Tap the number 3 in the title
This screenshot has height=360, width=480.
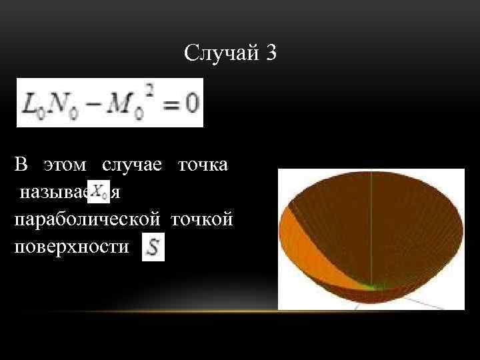pyautogui.click(x=269, y=53)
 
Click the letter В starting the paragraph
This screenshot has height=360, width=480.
pyautogui.click(x=21, y=165)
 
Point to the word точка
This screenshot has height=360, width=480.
pyautogui.click(x=203, y=165)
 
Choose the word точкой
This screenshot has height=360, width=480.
pyautogui.click(x=202, y=219)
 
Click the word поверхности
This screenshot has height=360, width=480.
pyautogui.click(x=70, y=247)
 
